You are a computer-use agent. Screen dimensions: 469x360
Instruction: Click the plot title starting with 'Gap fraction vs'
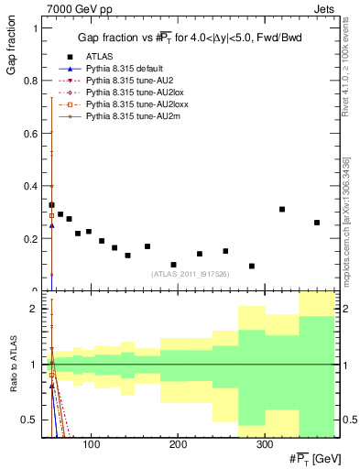(190, 38)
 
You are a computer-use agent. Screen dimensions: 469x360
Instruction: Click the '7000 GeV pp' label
(76, 8)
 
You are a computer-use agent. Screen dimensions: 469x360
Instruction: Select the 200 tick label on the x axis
(177, 444)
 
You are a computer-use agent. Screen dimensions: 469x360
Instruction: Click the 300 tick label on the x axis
(263, 444)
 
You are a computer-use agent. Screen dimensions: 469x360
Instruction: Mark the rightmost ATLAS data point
(317, 223)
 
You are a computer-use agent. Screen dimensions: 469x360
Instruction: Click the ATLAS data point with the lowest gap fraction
(251, 267)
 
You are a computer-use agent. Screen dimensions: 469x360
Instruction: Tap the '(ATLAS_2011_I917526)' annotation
(190, 273)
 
